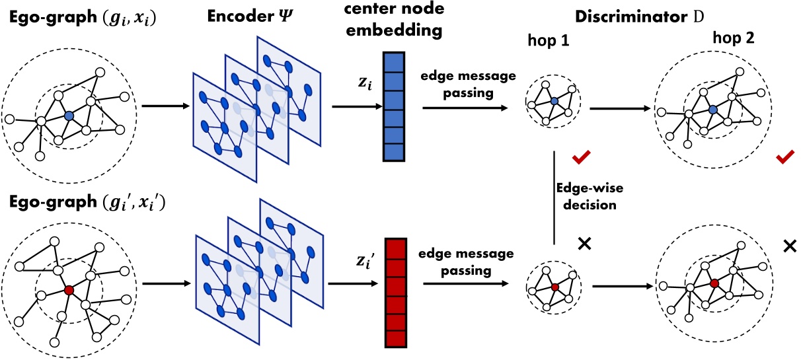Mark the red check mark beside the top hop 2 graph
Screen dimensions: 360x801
click(x=786, y=157)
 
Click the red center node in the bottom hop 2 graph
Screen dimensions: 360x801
click(x=714, y=283)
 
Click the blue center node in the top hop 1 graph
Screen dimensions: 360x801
click(x=554, y=101)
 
